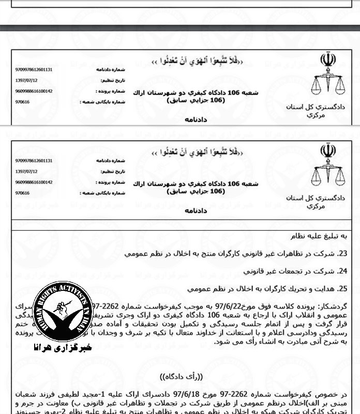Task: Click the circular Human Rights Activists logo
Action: [x=63, y=312]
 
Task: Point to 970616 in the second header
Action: [x=23, y=193]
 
